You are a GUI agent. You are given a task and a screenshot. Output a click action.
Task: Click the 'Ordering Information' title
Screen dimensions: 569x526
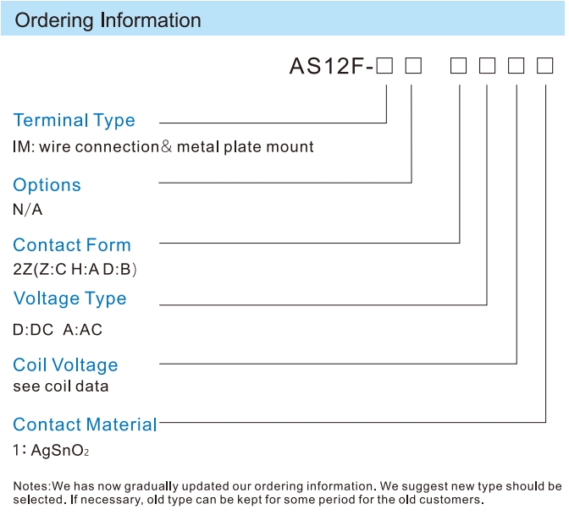(x=108, y=20)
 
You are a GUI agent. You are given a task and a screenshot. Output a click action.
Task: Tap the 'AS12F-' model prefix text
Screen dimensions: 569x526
(x=331, y=66)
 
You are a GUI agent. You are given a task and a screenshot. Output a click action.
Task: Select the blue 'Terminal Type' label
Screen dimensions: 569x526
(x=74, y=121)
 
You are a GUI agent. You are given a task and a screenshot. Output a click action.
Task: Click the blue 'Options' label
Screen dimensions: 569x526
(x=47, y=185)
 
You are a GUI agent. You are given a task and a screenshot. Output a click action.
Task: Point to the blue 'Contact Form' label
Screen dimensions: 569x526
(x=72, y=245)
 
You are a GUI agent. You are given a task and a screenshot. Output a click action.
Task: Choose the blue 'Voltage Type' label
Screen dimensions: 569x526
(x=70, y=299)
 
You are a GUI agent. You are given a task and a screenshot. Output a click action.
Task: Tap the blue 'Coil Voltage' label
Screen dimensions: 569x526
(x=65, y=365)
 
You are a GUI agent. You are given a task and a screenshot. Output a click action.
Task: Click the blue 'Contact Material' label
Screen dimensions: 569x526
(x=85, y=425)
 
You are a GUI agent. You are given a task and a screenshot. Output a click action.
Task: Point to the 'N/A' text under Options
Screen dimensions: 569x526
(x=28, y=210)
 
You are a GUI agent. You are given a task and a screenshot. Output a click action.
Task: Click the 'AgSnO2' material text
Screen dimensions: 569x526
(x=60, y=451)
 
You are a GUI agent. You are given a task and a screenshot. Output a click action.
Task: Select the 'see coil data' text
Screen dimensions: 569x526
(x=61, y=386)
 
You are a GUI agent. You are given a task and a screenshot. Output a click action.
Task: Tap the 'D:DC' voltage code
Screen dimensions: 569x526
(x=33, y=330)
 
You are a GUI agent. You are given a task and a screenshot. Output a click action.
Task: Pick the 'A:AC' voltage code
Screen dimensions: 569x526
(x=83, y=330)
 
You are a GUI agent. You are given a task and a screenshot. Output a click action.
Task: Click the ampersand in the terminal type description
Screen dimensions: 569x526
(x=166, y=146)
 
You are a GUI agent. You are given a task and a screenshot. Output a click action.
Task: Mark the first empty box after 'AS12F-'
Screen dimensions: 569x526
(x=384, y=66)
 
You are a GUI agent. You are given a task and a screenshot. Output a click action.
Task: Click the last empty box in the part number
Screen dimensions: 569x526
(x=544, y=66)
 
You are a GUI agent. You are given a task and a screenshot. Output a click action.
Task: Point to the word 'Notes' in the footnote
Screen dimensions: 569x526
(x=30, y=486)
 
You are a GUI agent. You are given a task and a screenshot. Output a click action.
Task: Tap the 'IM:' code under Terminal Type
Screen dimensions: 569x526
(x=24, y=147)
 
